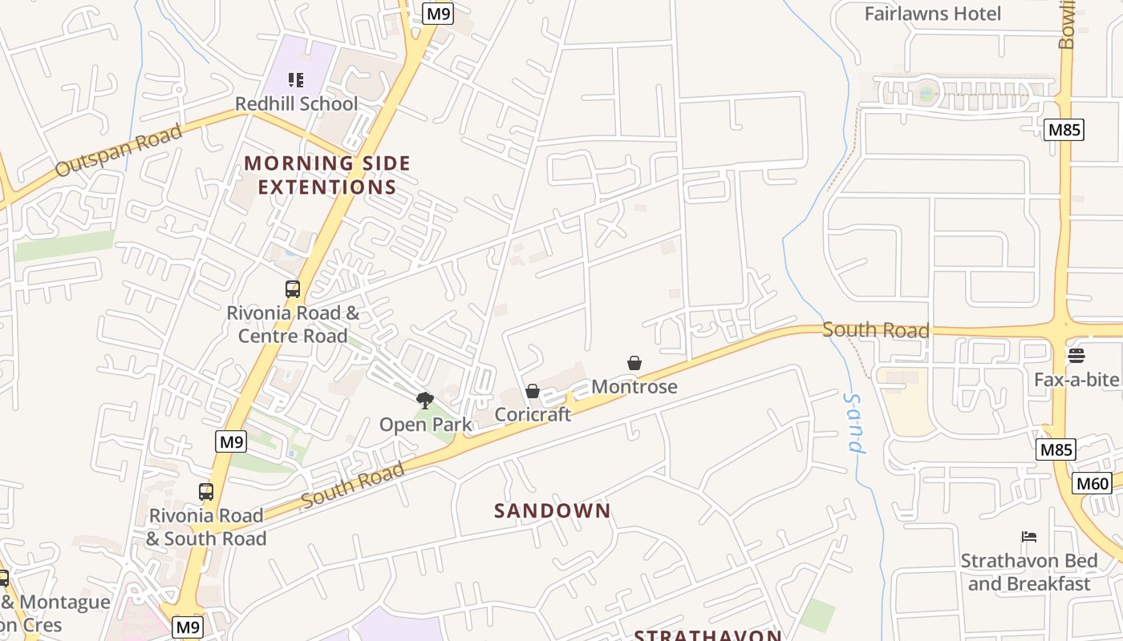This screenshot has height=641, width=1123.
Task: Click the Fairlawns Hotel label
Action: [x=932, y=14]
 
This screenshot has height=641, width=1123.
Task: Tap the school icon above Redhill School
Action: [x=296, y=80]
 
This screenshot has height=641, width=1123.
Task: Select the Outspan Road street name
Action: [x=119, y=151]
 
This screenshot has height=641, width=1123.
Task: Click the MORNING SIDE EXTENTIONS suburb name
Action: [x=326, y=175]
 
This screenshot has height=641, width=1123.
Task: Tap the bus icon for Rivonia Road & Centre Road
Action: [x=293, y=289]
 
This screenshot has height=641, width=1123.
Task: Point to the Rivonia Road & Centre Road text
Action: [x=293, y=325]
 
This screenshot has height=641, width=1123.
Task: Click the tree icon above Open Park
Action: [x=425, y=400]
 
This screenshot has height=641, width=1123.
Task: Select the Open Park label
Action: [x=425, y=425]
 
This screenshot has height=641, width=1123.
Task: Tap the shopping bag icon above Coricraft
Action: [x=533, y=391]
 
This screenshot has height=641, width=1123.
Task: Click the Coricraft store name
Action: [x=533, y=414]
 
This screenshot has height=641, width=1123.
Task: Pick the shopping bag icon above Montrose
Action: [x=634, y=363]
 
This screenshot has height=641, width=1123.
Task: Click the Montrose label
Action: [x=634, y=387]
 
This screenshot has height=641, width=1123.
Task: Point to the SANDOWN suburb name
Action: [x=552, y=510]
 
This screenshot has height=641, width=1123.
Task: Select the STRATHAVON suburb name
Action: [x=707, y=635]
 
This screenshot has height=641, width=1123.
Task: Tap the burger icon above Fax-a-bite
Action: [x=1076, y=355]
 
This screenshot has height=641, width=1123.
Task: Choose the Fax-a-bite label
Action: [x=1076, y=379]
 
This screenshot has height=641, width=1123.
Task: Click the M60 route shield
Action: [x=1092, y=483]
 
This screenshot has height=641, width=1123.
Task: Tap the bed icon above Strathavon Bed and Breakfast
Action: [x=1029, y=537]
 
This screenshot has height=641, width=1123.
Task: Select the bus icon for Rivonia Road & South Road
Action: [x=206, y=492]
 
